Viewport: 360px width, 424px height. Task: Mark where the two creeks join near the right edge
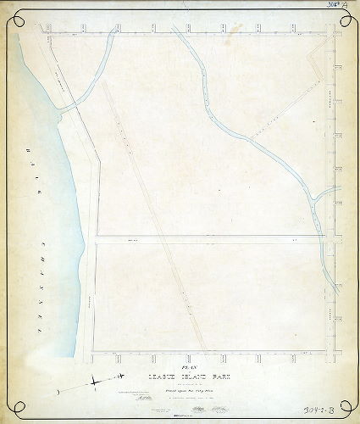click(x=315, y=197)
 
